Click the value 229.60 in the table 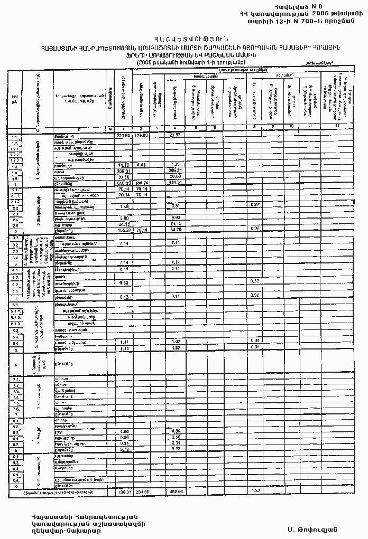[x=123, y=136]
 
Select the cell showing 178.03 [x=140, y=136]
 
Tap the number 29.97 [x=176, y=136]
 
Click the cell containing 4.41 [x=140, y=165]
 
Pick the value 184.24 [x=141, y=183]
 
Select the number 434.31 [x=175, y=183]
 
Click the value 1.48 [x=125, y=206]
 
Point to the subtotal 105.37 [x=124, y=230]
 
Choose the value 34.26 [x=176, y=230]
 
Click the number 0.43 [x=125, y=297]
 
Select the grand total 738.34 [x=124, y=491]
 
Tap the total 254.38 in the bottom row [x=141, y=491]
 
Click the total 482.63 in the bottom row [x=176, y=491]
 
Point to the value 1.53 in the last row [x=254, y=491]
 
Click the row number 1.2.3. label [x=15, y=159]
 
